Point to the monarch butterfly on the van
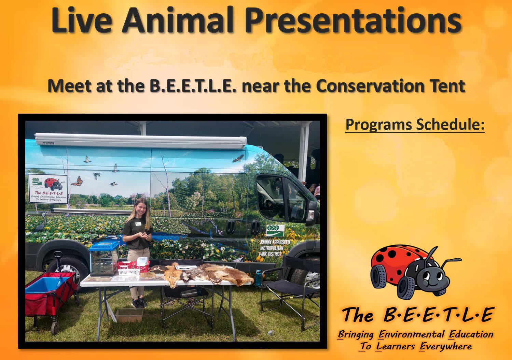[77, 181]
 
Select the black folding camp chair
[290, 290]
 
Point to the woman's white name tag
[138, 224]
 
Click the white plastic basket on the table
[129, 272]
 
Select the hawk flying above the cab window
[238, 158]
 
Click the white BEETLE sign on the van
[48, 189]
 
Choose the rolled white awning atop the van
[141, 141]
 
